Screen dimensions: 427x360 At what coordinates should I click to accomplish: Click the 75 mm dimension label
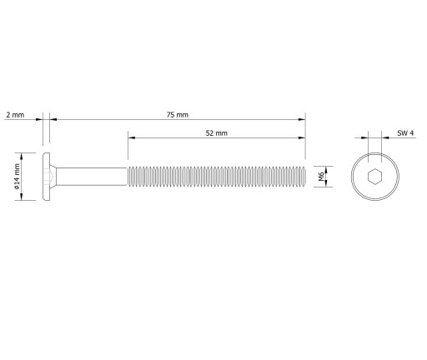tap(178, 115)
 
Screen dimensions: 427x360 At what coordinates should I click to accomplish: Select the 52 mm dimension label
tap(217, 133)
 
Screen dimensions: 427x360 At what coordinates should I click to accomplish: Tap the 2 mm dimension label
tap(15, 115)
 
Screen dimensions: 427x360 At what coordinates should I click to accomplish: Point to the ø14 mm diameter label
tap(17, 177)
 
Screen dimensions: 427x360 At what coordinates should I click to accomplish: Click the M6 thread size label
tap(321, 177)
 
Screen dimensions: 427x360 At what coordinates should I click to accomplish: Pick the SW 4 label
tap(405, 133)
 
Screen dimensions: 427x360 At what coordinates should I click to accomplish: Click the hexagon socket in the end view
tap(374, 177)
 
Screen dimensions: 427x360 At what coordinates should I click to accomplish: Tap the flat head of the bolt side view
tap(47, 177)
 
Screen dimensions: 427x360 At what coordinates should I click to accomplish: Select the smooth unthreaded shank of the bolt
tap(92, 177)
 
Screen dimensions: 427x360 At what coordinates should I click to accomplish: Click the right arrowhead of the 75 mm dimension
tap(302, 119)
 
